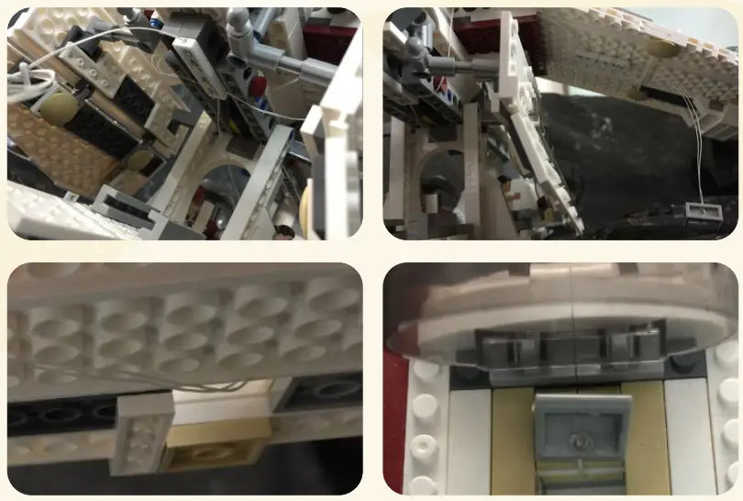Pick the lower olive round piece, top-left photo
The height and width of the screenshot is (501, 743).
point(139,161)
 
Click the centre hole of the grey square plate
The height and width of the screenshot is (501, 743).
point(579,439)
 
